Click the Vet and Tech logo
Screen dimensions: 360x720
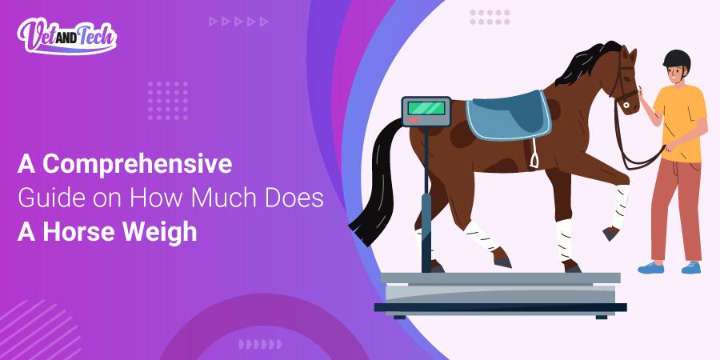coord(67,37)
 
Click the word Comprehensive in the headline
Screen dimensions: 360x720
coord(137,165)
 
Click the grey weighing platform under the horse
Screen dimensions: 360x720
coord(500,288)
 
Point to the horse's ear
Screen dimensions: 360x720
coord(633,52)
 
